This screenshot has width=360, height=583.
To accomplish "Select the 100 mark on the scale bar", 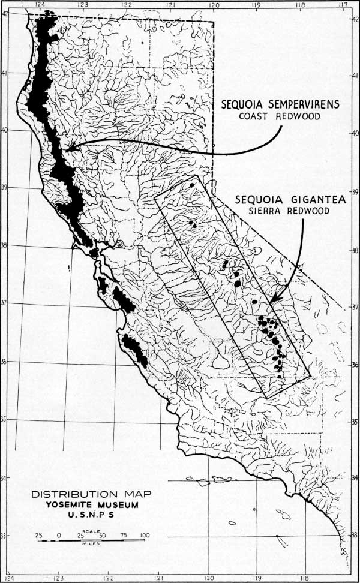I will point(144,535).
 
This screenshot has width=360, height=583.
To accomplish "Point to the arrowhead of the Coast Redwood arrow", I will point(68,146).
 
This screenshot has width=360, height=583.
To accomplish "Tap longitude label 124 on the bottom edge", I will point(9,578).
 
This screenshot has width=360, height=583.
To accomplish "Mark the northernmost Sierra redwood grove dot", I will point(191,185).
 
